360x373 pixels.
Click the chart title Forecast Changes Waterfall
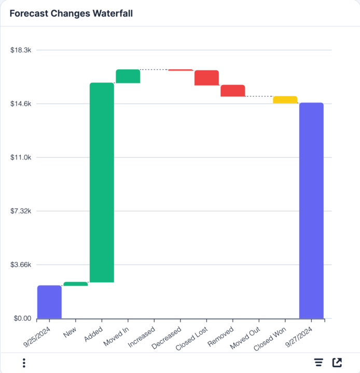coord(71,13)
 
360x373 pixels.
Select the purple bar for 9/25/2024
coord(49,302)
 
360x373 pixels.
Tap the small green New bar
coord(76,284)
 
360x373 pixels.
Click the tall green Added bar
coord(102,182)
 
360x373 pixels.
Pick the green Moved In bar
coord(128,76)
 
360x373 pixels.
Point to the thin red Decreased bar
coord(181,70)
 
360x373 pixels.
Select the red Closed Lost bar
coord(206,78)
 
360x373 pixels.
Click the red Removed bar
coord(233,91)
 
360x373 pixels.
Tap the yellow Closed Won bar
coord(285,100)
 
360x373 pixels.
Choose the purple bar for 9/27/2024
coord(311,210)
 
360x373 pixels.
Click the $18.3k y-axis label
coord(21,50)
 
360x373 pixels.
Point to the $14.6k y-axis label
coord(21,104)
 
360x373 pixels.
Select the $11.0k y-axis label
coord(21,157)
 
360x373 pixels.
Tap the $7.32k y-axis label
coord(21,211)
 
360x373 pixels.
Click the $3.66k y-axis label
coord(21,265)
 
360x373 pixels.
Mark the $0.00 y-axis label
coord(21,318)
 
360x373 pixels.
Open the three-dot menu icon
coord(24,363)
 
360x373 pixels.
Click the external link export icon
coord(337,363)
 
